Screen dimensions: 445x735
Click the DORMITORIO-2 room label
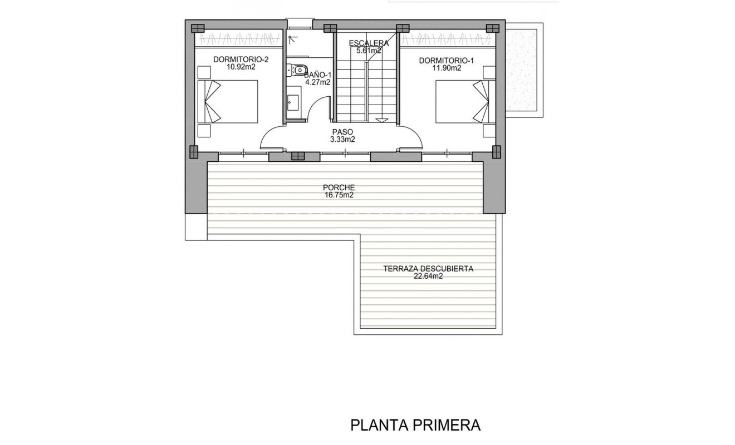click(x=241, y=59)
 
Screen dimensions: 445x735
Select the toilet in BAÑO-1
click(x=299, y=70)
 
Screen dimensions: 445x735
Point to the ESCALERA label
click(x=369, y=43)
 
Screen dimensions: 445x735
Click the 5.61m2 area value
click(x=369, y=51)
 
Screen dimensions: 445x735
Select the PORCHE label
click(x=339, y=188)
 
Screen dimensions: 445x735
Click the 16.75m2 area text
click(x=339, y=195)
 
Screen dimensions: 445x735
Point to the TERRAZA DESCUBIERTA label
click(x=428, y=269)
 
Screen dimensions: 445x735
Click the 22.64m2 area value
click(x=428, y=276)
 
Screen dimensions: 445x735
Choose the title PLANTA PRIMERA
click(x=415, y=426)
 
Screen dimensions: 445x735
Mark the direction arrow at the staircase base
click(x=382, y=120)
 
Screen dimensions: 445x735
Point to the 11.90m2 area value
click(x=447, y=68)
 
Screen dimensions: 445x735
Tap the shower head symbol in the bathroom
click(x=292, y=38)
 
